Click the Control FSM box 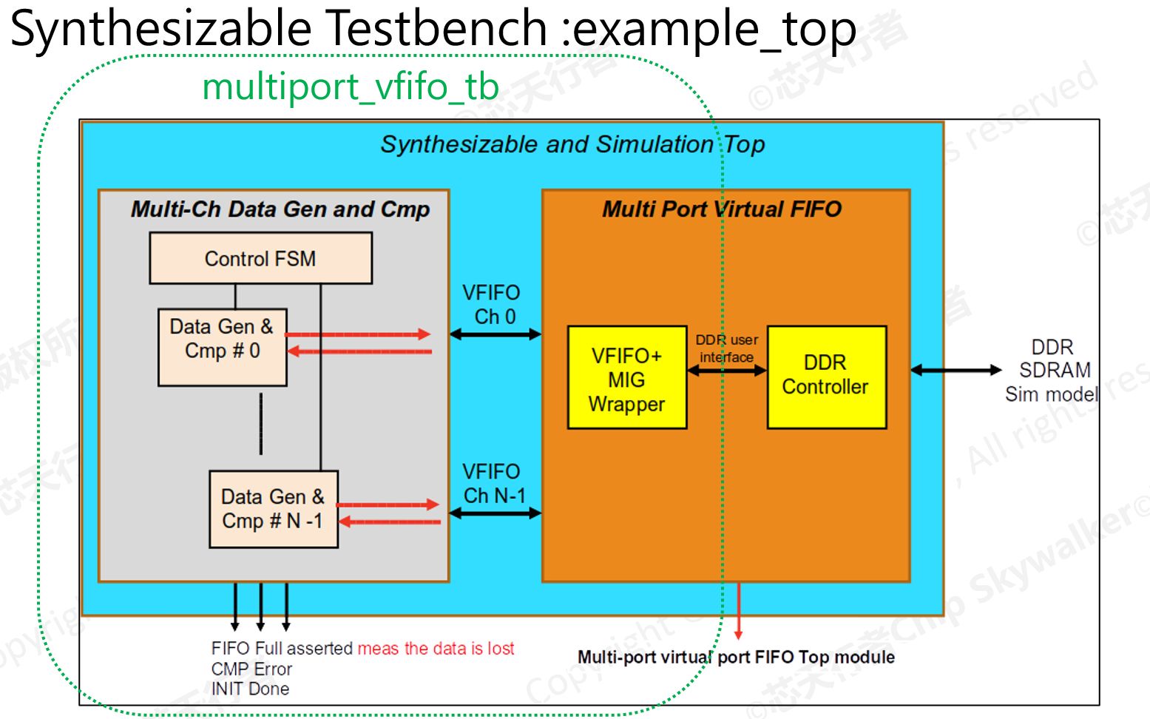point(260,258)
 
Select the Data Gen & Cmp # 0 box point(222,347)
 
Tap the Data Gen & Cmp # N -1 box point(273,509)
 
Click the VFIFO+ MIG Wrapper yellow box point(626,378)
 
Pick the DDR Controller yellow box point(826,377)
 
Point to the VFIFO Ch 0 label point(492,304)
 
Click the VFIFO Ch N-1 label point(493,483)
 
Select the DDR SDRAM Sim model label point(1052,371)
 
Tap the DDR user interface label point(727,348)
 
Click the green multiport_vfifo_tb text point(351,87)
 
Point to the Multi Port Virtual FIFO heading point(722,209)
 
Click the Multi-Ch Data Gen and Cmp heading point(280,209)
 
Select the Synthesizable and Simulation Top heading point(572,144)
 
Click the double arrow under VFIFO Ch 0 point(495,334)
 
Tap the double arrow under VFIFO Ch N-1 point(495,513)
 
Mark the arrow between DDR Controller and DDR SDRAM point(955,370)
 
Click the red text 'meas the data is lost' point(436,649)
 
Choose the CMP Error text point(251,669)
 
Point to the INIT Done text point(250,689)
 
